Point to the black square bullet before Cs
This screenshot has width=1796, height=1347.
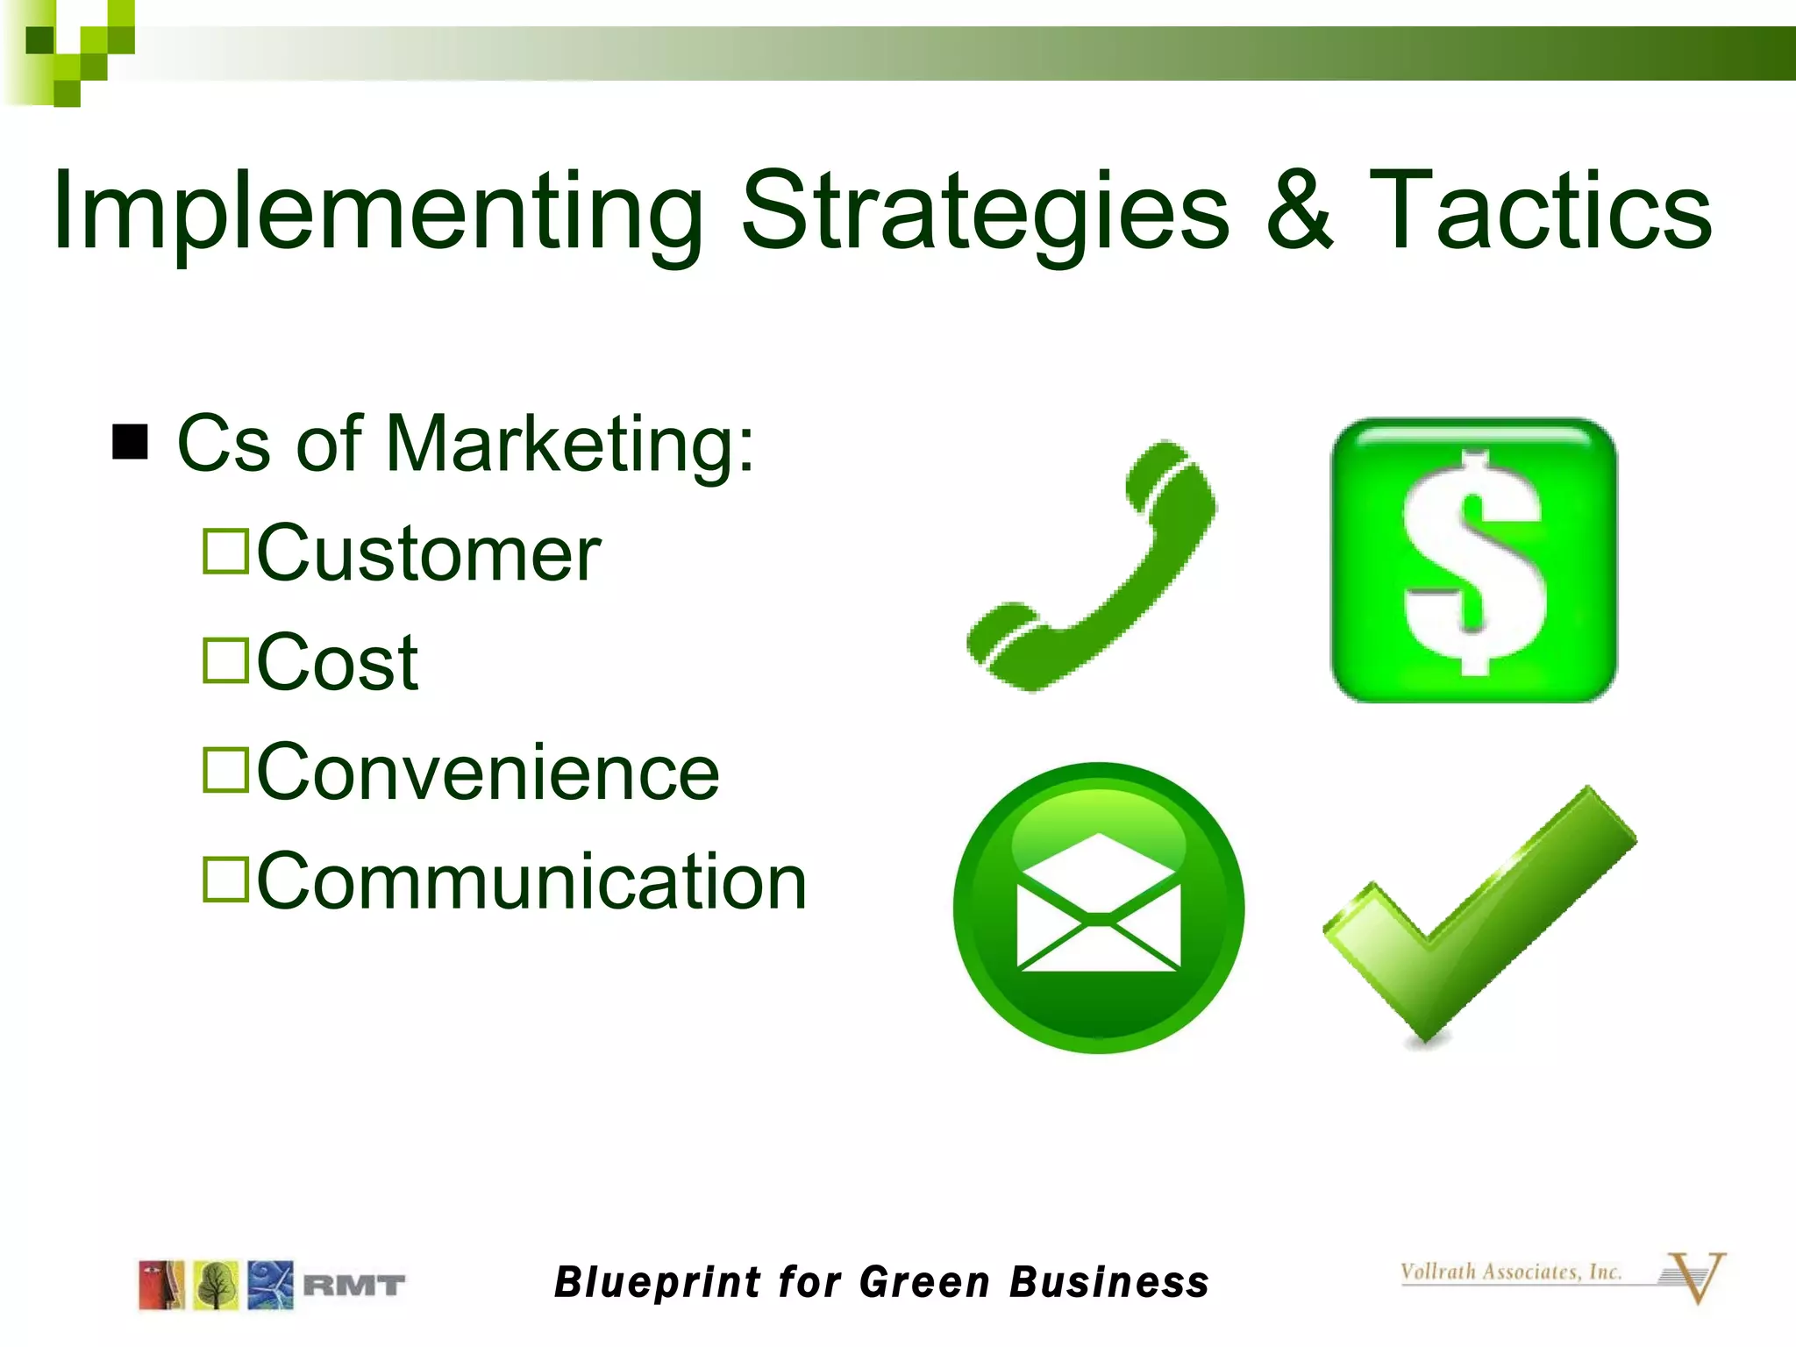(x=130, y=442)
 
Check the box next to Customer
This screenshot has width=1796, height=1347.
(x=226, y=551)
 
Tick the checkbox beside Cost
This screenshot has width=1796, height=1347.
(x=226, y=660)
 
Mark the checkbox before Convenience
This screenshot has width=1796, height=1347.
(x=226, y=770)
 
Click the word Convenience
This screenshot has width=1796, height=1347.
(x=488, y=772)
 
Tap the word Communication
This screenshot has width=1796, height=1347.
(x=531, y=881)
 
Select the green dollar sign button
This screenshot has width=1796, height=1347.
(x=1473, y=561)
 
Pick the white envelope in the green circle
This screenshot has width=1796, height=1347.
(x=1098, y=908)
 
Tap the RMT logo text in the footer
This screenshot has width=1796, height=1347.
(x=353, y=1286)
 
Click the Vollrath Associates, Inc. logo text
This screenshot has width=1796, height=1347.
(x=1510, y=1272)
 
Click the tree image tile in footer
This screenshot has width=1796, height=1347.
(x=216, y=1286)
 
